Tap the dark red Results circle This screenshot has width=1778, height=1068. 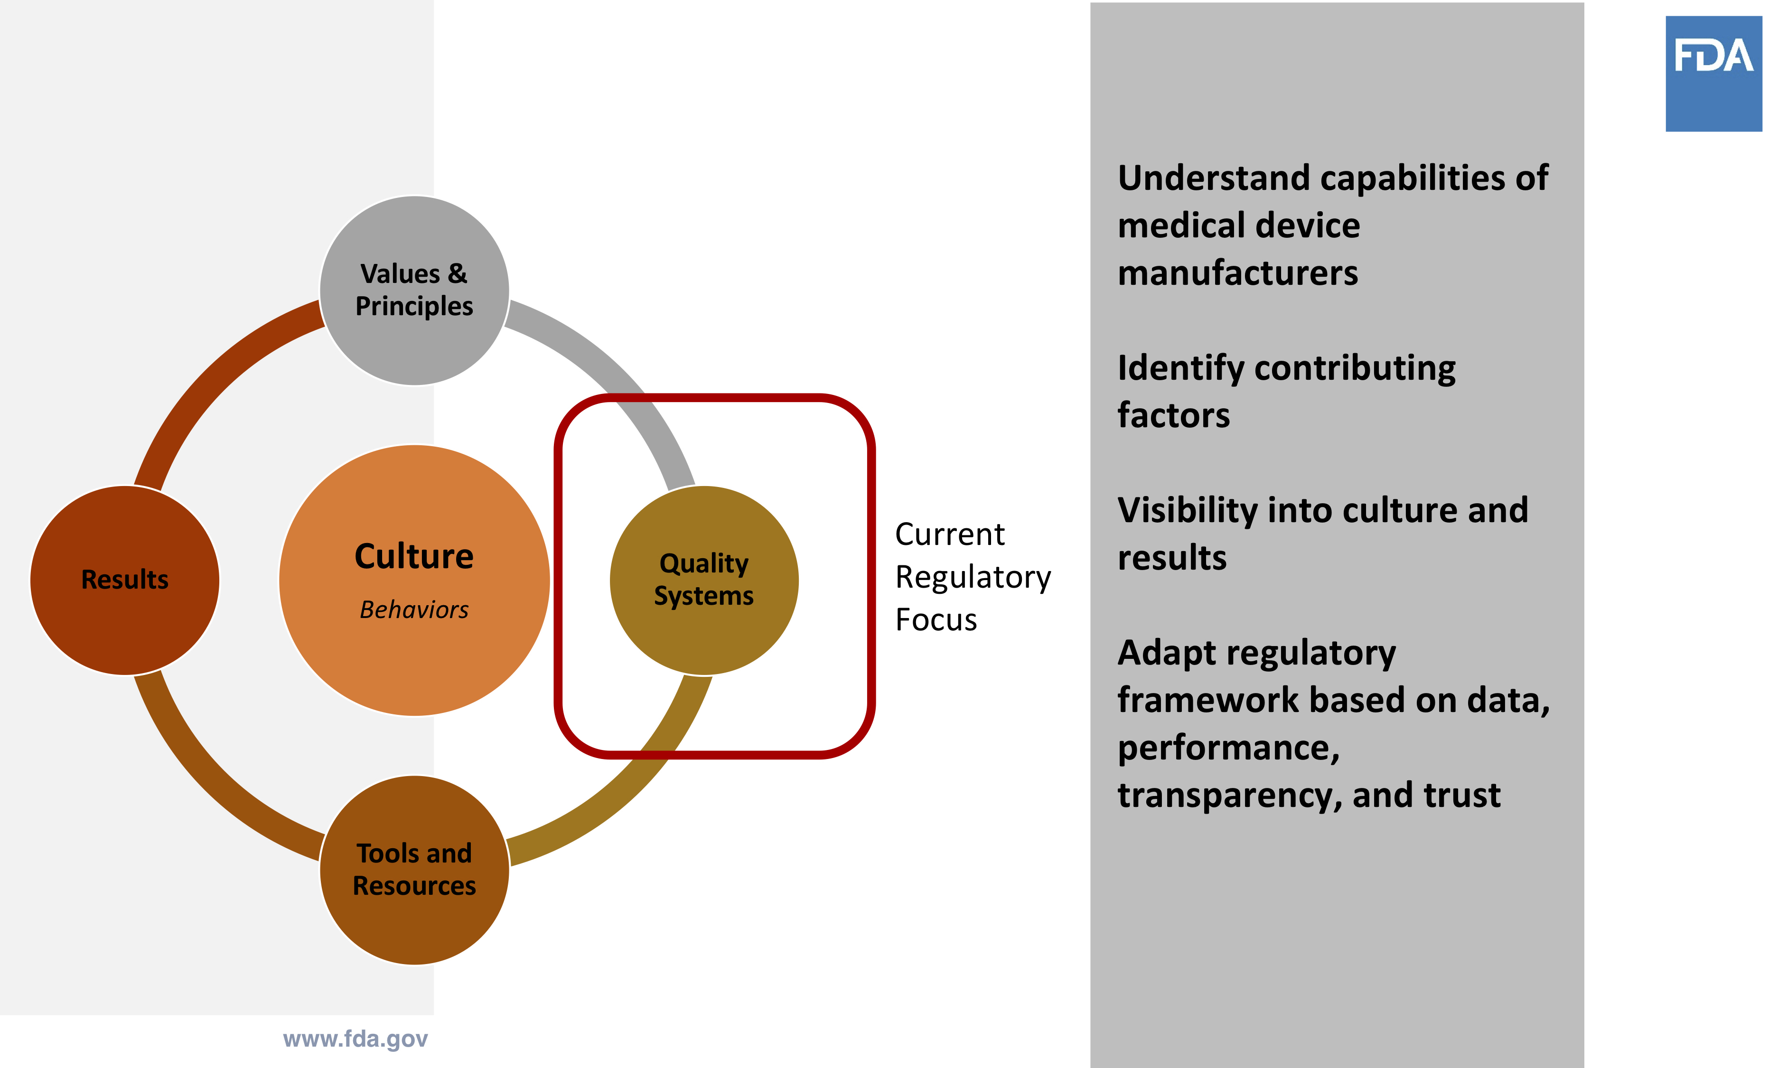tap(124, 580)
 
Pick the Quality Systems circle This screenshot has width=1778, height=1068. tap(704, 580)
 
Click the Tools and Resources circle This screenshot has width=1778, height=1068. tap(414, 870)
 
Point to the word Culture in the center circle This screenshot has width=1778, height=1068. tap(414, 556)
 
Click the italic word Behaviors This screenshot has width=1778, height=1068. tap(414, 609)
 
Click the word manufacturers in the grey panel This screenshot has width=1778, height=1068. tap(1237, 273)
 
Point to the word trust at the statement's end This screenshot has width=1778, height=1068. tap(1461, 795)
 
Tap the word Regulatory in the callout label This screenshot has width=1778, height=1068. tap(973, 577)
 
